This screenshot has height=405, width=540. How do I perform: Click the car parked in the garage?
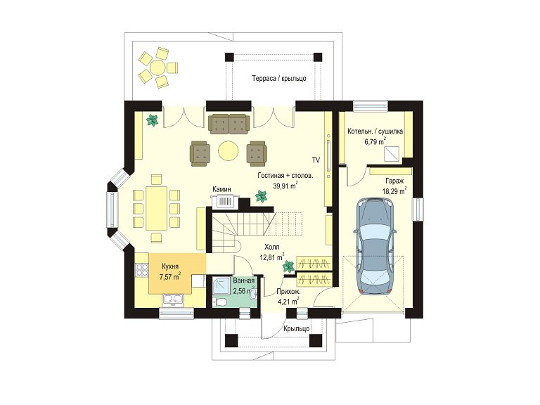375,246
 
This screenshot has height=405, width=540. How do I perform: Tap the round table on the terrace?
158,67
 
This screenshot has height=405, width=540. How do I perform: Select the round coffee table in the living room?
228,151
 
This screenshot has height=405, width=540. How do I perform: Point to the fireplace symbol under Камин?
224,202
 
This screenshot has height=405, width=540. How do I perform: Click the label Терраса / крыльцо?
279,79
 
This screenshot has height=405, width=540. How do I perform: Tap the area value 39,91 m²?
285,186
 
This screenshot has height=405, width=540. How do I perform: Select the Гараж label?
394,181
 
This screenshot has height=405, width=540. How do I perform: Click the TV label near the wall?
316,160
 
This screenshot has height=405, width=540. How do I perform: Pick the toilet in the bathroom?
219,302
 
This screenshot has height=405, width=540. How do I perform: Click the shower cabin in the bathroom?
220,285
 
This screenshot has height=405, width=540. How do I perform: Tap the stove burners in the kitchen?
141,270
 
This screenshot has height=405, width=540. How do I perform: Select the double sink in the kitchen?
173,300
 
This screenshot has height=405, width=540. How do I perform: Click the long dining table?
157,208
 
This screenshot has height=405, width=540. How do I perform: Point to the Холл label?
272,247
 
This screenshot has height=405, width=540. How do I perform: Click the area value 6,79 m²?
375,141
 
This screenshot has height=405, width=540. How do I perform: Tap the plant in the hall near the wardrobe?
288,266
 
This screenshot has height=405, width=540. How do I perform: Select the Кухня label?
170,266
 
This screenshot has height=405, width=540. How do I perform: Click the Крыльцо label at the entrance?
297,329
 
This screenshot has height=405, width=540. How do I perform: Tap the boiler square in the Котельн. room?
392,154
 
